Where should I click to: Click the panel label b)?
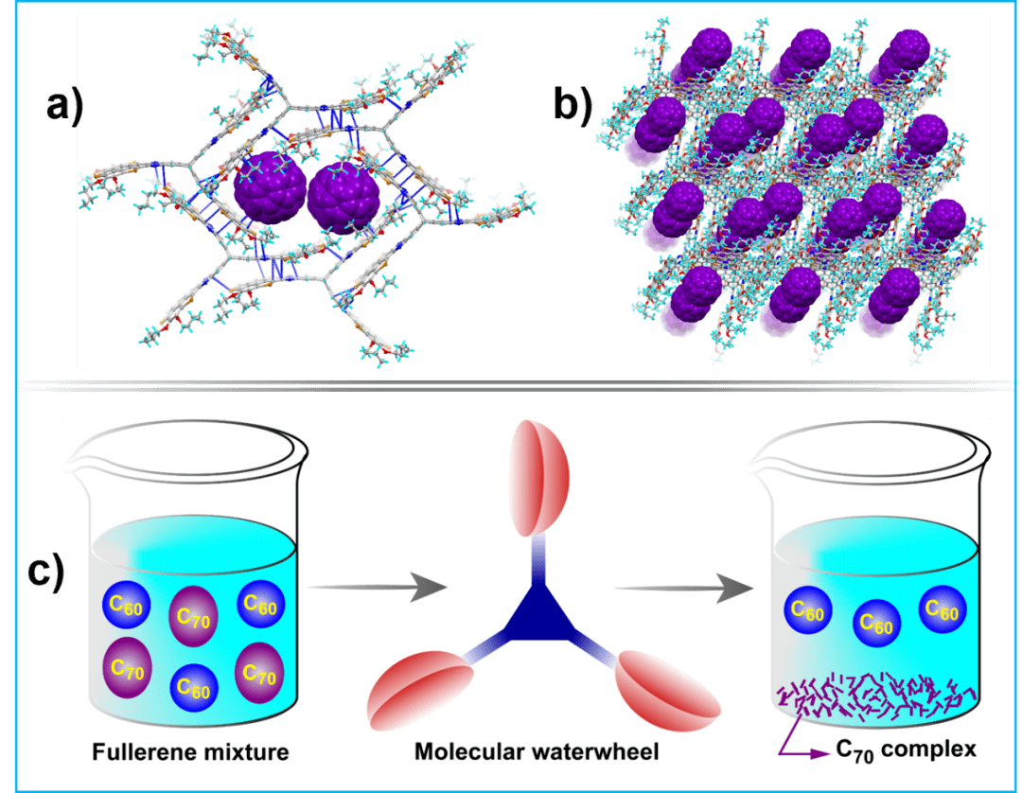point(572,106)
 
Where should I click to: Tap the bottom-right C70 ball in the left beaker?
point(256,673)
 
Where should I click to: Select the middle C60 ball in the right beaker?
point(874,626)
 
